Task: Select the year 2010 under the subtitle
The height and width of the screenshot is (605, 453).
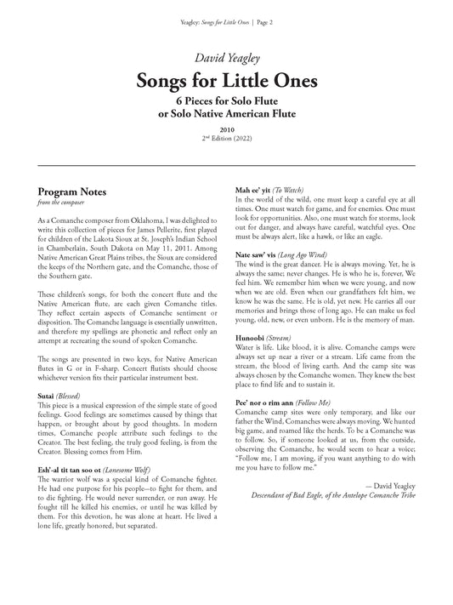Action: pos(226,128)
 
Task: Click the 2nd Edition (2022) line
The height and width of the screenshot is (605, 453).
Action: pos(226,138)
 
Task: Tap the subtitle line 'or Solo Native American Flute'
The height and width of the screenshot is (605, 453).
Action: pos(226,113)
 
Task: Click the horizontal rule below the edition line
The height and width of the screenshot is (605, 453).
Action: pos(226,165)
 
